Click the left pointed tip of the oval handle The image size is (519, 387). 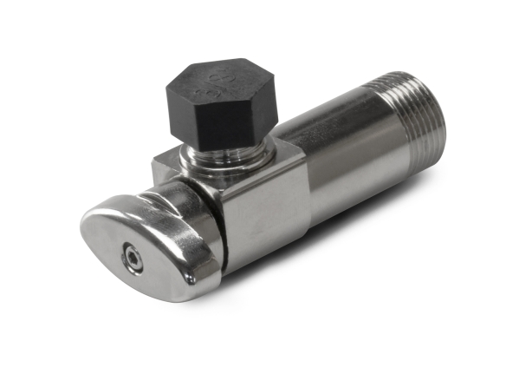87,226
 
